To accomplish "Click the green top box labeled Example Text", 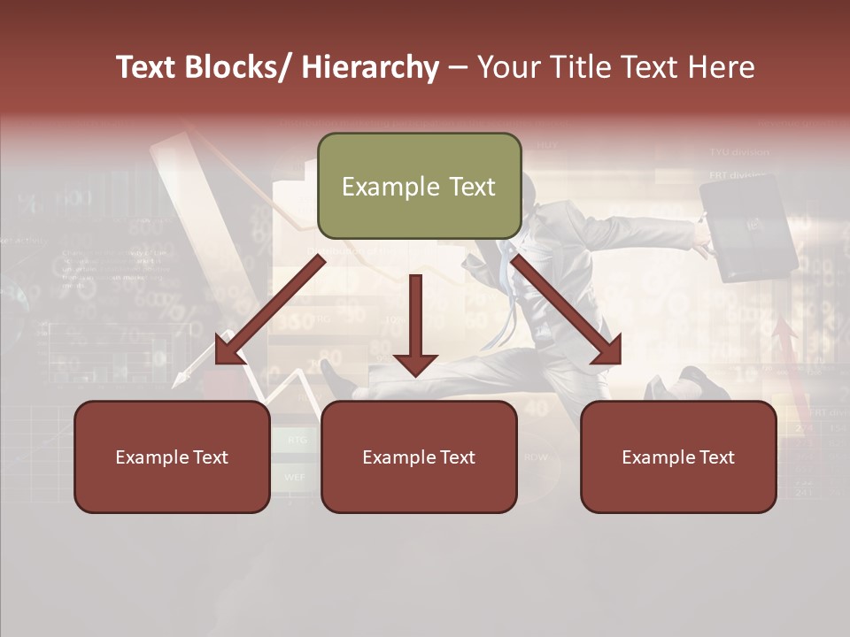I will (x=419, y=186).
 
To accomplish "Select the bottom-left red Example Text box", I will (x=172, y=457).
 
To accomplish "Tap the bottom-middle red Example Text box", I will (x=419, y=457).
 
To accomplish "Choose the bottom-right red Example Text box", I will (x=678, y=457).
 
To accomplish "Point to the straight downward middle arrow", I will (x=415, y=324).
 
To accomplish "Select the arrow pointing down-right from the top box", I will (x=567, y=311).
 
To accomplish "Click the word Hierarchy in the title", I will (x=370, y=67).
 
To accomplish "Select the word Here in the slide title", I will (x=721, y=67).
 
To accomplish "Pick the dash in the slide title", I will (x=457, y=69).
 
